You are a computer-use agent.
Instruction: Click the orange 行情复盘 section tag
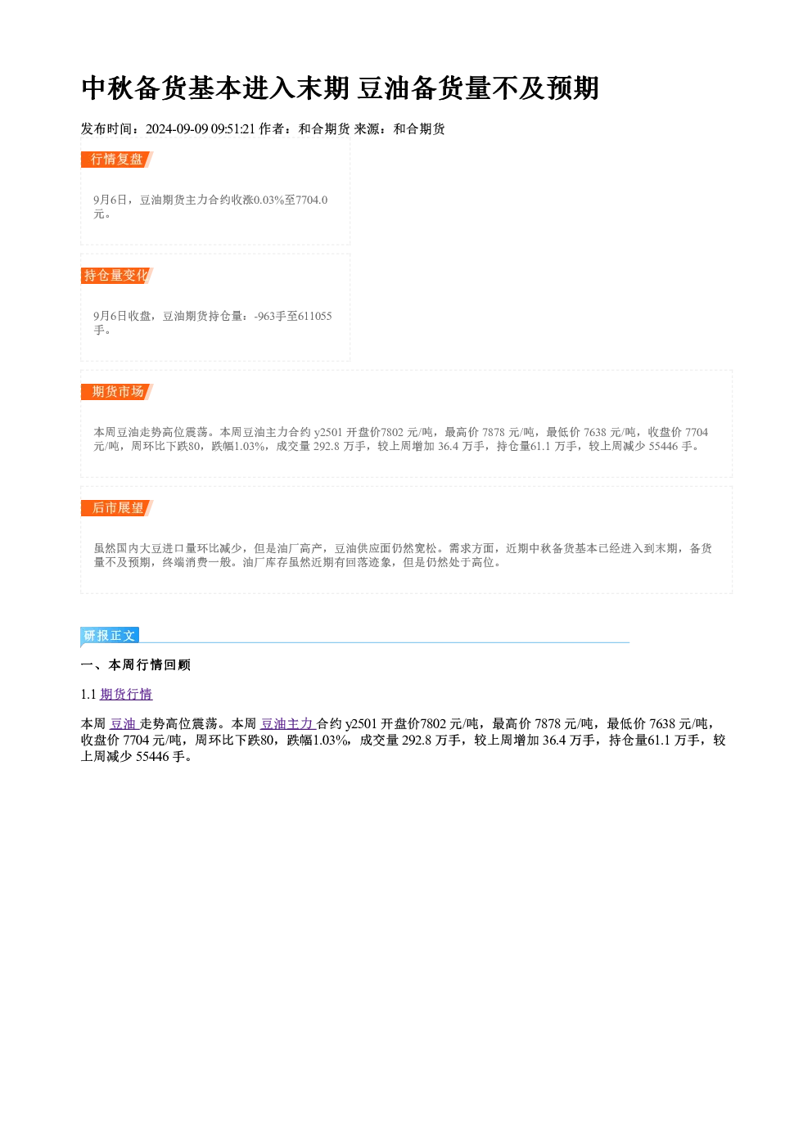pos(117,160)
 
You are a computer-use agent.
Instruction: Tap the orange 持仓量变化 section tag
pos(117,276)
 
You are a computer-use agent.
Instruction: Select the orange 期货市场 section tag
pos(117,392)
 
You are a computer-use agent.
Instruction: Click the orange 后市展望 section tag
pos(117,508)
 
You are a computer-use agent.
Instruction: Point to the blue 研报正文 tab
pos(110,636)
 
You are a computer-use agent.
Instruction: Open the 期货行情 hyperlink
pos(126,695)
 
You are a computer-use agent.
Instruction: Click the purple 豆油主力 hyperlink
pos(287,723)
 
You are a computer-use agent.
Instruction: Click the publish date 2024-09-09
pos(177,129)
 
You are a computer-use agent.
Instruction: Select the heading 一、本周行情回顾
pos(136,665)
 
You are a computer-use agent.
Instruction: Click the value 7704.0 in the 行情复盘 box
pos(312,200)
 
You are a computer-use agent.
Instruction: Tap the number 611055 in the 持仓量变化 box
pos(315,316)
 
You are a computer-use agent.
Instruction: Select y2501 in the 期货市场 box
pos(328,433)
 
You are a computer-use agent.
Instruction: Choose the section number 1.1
pos(88,695)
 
